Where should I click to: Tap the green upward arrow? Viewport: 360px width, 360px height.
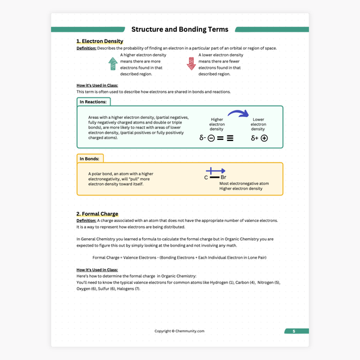(112, 64)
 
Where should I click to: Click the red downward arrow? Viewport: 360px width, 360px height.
(191, 64)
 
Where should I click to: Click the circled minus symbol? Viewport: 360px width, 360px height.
(211, 138)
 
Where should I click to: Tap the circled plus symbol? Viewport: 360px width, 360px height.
(264, 138)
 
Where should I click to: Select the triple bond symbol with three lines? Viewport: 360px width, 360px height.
(230, 138)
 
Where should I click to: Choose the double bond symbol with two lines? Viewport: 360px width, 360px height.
(220, 138)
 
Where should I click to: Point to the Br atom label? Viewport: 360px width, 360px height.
(224, 178)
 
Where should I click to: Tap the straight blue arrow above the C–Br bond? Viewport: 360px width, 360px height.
(215, 171)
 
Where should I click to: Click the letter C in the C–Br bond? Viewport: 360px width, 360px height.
(206, 178)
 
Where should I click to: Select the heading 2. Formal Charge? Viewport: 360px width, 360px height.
(97, 214)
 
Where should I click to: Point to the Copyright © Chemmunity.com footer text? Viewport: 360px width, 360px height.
(180, 331)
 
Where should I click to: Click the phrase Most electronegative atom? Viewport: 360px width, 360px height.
(244, 183)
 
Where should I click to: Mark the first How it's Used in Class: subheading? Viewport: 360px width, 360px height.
(97, 85)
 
